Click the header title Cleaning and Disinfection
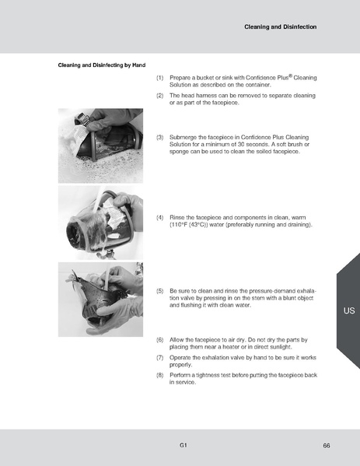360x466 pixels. tap(280, 26)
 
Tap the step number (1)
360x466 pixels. tap(159, 78)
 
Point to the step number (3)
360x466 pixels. tap(159, 137)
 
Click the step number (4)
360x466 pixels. tap(159, 216)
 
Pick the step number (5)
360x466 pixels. tap(159, 291)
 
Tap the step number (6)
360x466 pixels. tap(159, 340)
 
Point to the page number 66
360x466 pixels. tap(327, 445)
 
